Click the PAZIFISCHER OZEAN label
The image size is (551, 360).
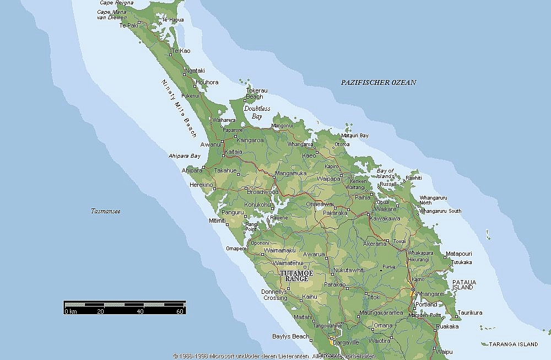tap(378, 82)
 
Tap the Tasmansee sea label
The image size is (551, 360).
tap(106, 211)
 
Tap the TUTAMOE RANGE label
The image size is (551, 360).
tap(296, 276)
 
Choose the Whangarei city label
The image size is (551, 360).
tap(431, 294)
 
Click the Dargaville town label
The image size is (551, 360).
tap(346, 341)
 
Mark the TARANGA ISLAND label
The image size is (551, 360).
tap(513, 344)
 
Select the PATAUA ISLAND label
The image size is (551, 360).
tap(463, 284)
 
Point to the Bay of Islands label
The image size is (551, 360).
tap(386, 173)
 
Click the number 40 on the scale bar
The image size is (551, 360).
tap(140, 312)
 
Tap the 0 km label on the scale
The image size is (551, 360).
tap(70, 312)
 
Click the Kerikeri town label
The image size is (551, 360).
tap(359, 181)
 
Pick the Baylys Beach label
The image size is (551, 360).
tap(290, 336)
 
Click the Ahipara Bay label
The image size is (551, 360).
tap(185, 156)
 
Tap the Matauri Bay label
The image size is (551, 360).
tap(355, 135)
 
